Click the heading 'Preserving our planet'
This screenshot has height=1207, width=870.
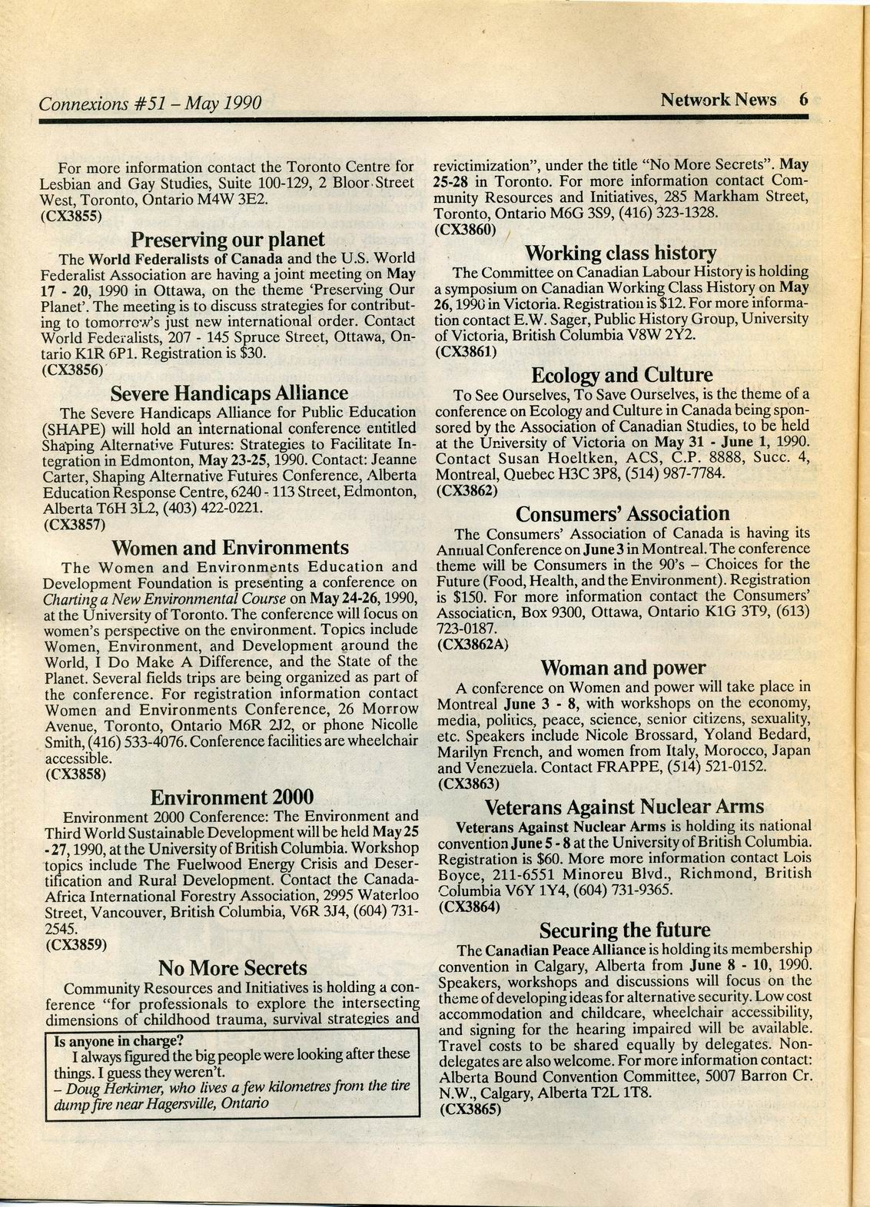coord(228,239)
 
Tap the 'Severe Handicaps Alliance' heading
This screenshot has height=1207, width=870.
coord(229,393)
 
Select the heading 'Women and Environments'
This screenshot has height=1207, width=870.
coord(230,548)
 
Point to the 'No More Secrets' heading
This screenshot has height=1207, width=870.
coord(232,967)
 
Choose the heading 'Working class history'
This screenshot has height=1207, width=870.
coord(620,253)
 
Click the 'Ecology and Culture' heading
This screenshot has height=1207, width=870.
coord(622,375)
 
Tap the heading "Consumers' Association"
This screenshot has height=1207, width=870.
coord(623,513)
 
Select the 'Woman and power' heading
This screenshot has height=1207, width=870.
coord(623,668)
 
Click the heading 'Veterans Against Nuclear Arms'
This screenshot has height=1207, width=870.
coord(624,807)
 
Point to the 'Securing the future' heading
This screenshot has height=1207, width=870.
coord(624,930)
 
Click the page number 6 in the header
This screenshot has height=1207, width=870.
coord(804,100)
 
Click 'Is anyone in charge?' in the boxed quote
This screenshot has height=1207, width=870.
coord(118,1042)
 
